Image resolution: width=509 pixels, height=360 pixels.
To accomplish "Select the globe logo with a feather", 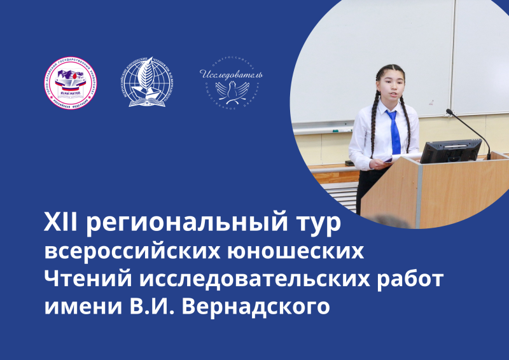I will pyautogui.click(x=147, y=83).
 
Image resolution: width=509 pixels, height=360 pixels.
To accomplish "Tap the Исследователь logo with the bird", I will pyautogui.click(x=231, y=83).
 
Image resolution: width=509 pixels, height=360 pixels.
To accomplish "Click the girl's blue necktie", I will pyautogui.click(x=394, y=130).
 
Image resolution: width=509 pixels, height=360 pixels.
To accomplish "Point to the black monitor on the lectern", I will pyautogui.click(x=450, y=151).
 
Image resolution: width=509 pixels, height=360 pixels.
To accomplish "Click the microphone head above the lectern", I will pyautogui.click(x=450, y=113).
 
